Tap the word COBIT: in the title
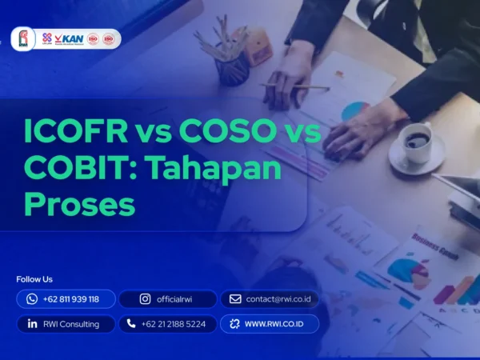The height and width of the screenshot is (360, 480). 68,170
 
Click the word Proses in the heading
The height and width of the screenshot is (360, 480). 78,204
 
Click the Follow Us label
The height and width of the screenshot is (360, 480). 34,279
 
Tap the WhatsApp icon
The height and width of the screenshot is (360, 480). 32,299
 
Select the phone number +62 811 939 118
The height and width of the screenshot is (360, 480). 71,299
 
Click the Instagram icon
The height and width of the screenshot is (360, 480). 145,299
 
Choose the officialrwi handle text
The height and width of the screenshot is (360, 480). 178,299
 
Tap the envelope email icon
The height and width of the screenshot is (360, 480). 235,299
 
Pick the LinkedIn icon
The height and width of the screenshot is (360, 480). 32,324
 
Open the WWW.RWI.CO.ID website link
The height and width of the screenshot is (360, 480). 277,324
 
